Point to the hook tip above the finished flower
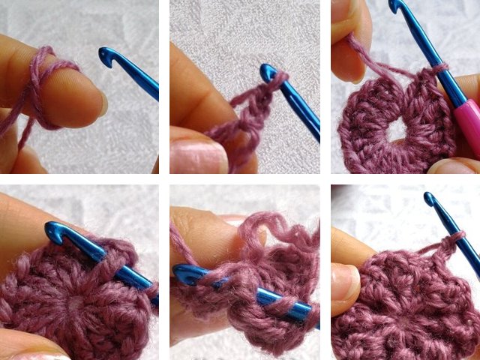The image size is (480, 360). pyautogui.click(x=430, y=199)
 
